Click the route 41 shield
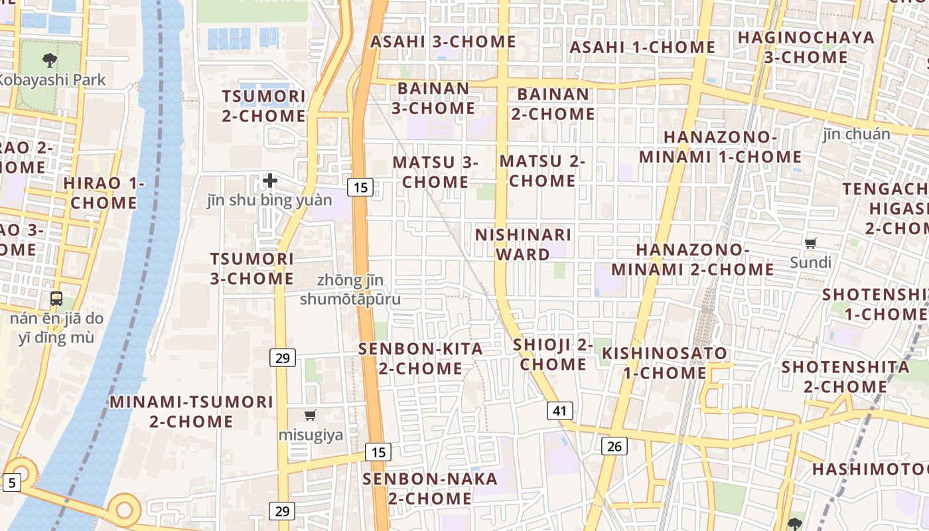pyautogui.click(x=559, y=411)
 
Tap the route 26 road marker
pyautogui.click(x=614, y=446)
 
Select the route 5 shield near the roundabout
pyautogui.click(x=11, y=483)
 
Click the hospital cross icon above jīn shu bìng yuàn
pyautogui.click(x=270, y=180)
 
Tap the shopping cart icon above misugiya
pyautogui.click(x=310, y=416)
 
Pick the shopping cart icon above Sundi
pyautogui.click(x=810, y=243)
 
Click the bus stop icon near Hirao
pyautogui.click(x=56, y=299)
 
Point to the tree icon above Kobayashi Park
pyautogui.click(x=50, y=61)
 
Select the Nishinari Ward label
pyautogui.click(x=523, y=244)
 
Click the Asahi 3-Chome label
pyautogui.click(x=443, y=41)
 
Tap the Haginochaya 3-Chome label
pyautogui.click(x=806, y=47)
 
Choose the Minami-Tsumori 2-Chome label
pyautogui.click(x=191, y=412)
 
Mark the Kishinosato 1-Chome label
pyautogui.click(x=664, y=363)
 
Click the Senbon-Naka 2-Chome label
pyautogui.click(x=430, y=488)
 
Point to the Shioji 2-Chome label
pyautogui.click(x=553, y=354)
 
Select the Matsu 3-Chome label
pyautogui.click(x=435, y=172)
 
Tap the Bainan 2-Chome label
pyautogui.click(x=553, y=104)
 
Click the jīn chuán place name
pyautogui.click(x=857, y=134)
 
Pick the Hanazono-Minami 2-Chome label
pyautogui.click(x=692, y=260)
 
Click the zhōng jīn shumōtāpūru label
pyautogui.click(x=350, y=290)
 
